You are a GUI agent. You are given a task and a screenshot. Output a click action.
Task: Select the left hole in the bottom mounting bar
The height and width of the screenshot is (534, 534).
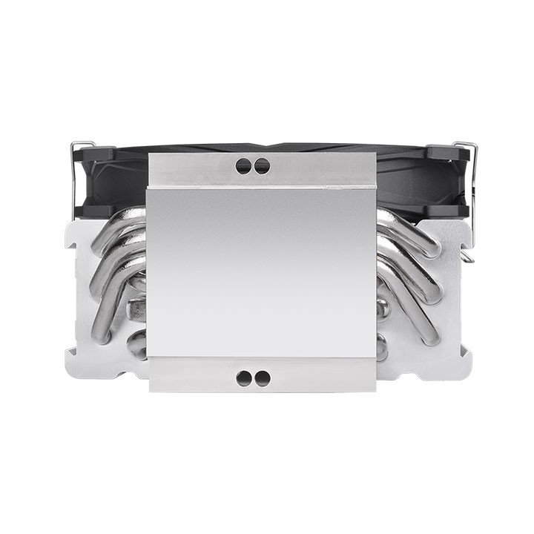tap(244, 378)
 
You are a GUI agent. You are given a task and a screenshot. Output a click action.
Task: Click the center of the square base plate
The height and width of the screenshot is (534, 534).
tap(261, 273)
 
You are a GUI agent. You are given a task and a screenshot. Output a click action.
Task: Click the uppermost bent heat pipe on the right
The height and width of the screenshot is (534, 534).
tap(412, 226)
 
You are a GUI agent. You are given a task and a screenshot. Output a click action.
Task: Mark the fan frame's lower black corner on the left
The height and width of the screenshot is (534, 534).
tap(92, 211)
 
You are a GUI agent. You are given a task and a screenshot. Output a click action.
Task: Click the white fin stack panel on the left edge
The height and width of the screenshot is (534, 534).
tap(78, 297)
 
